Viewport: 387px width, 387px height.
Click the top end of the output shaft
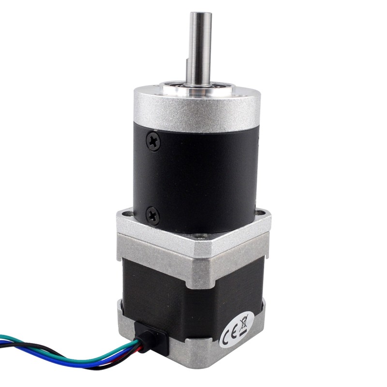(x=200, y=15)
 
